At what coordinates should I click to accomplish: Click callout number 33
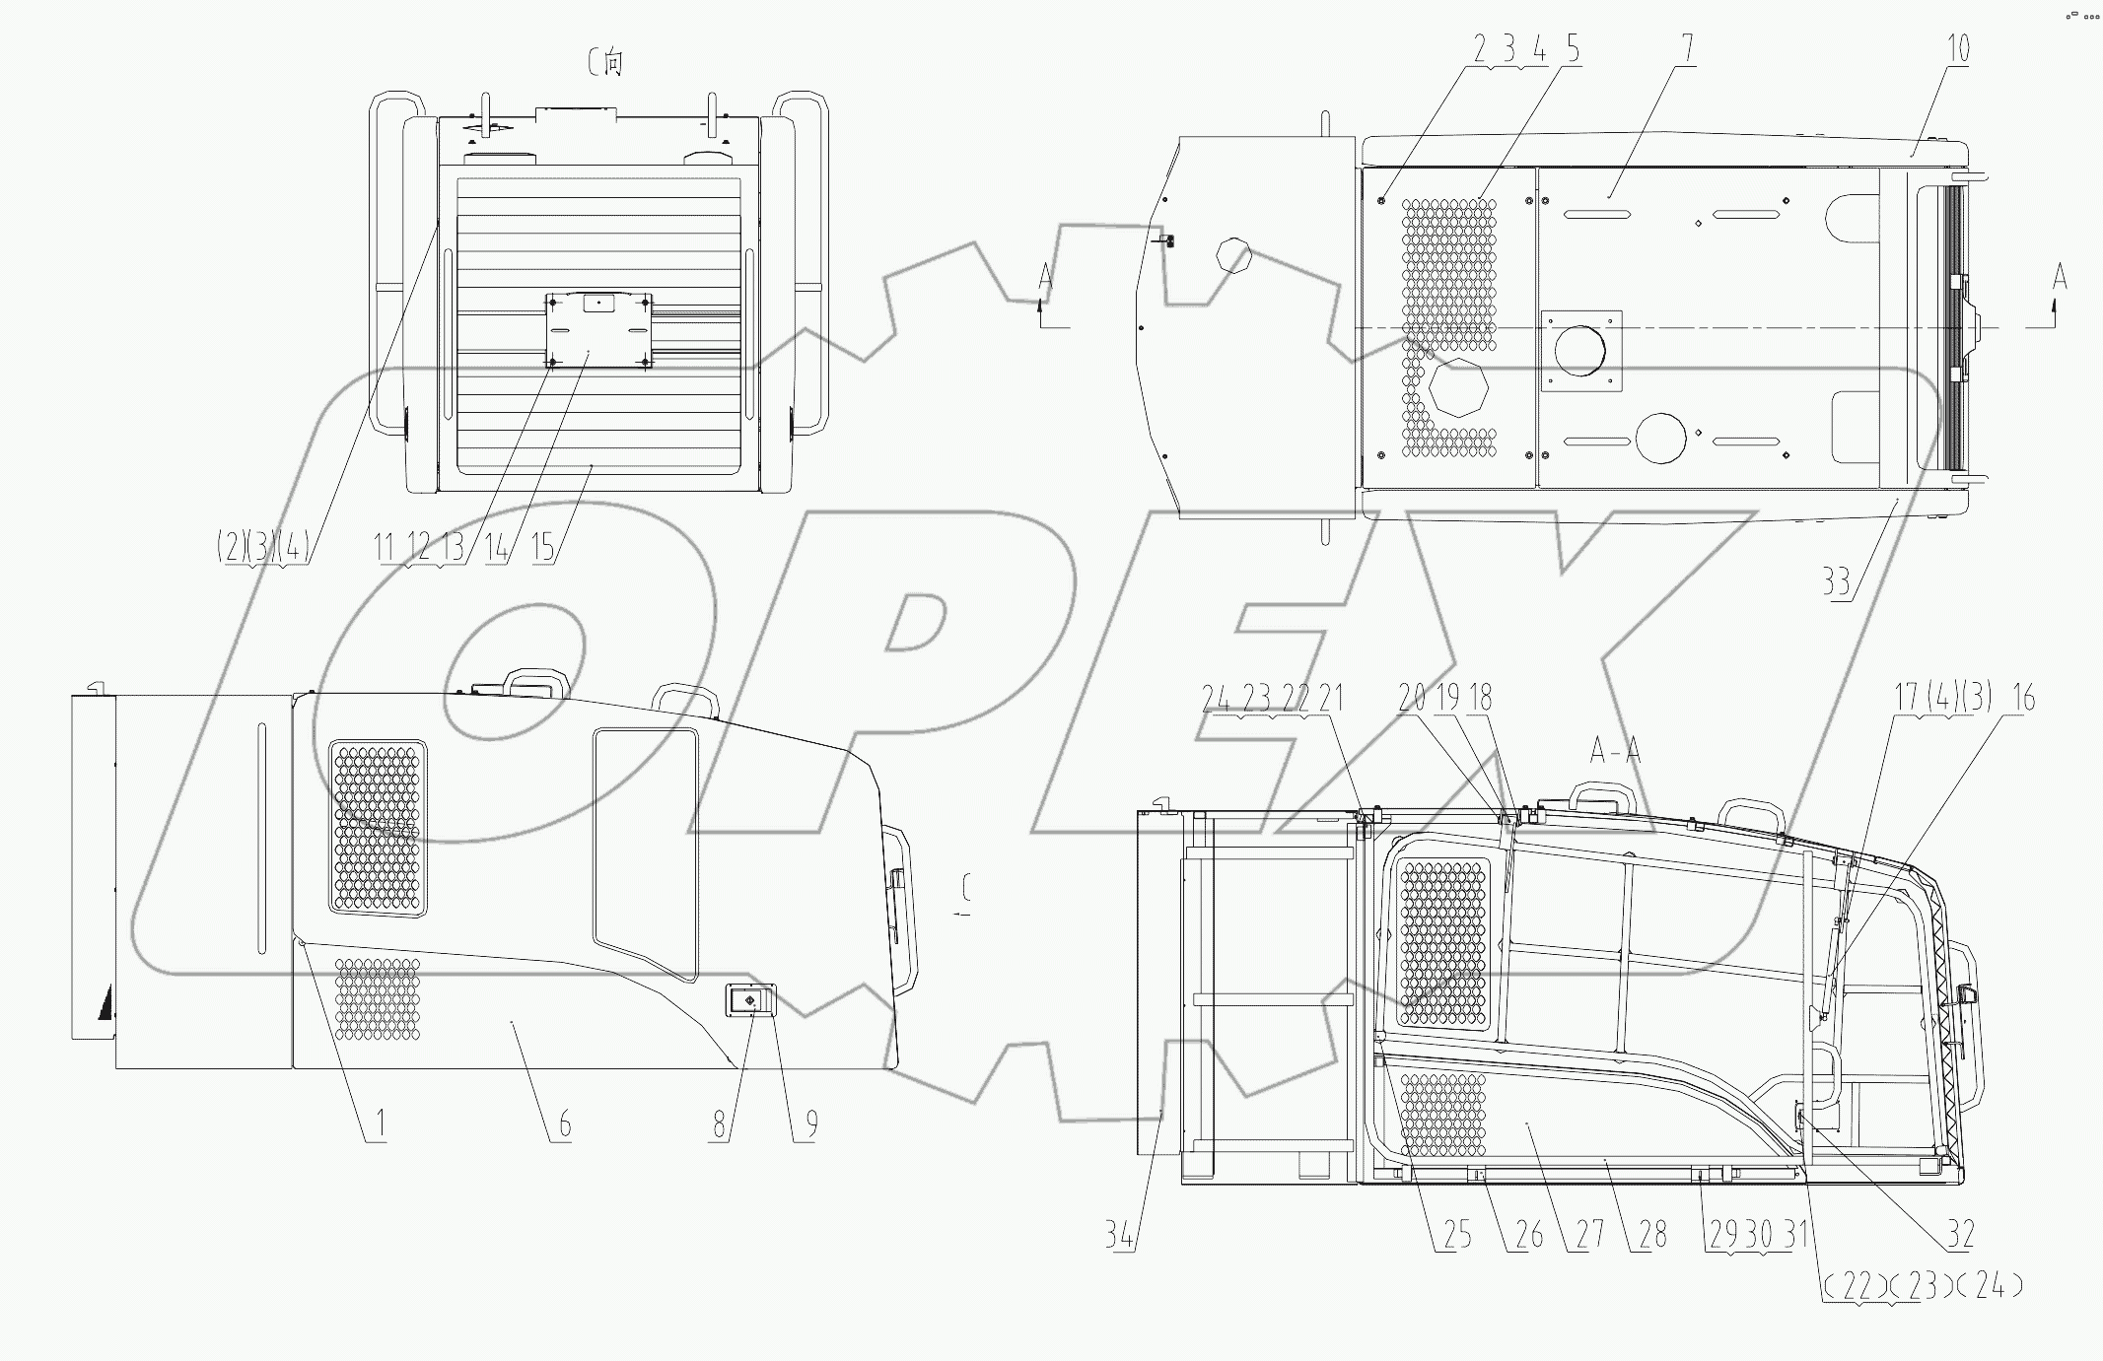(1835, 581)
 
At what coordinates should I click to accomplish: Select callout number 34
(1119, 1234)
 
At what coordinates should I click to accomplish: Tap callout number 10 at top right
(1958, 48)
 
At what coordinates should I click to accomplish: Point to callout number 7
(1688, 48)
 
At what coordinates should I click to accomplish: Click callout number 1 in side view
(380, 1123)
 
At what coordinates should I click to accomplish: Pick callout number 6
(564, 1123)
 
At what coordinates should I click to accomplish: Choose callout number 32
(1960, 1234)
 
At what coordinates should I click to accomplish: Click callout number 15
(543, 547)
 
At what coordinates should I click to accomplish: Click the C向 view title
(605, 63)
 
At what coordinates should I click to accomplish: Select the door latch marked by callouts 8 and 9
(749, 1001)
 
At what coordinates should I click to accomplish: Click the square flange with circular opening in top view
(1580, 351)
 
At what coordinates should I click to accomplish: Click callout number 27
(1589, 1234)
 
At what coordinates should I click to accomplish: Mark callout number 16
(2022, 699)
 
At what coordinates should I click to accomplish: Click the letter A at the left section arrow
(1045, 280)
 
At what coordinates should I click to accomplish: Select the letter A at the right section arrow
(2059, 278)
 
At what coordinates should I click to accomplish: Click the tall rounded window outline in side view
(646, 852)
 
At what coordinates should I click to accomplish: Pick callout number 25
(1457, 1234)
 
